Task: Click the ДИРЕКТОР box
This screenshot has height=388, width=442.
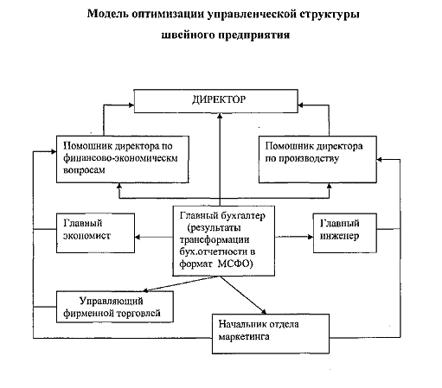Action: click(216, 101)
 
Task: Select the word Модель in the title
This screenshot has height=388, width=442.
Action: click(108, 14)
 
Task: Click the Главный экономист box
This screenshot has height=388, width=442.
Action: click(95, 233)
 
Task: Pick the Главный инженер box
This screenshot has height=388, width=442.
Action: click(345, 233)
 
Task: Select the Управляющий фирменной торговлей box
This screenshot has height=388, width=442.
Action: click(115, 307)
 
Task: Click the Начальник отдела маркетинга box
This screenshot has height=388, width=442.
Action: click(271, 334)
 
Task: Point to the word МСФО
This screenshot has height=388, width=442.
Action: click(234, 264)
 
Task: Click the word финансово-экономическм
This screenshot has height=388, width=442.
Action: click(120, 158)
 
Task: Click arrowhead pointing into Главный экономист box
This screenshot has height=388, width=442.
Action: click(138, 237)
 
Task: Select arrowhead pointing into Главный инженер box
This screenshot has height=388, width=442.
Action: click(311, 237)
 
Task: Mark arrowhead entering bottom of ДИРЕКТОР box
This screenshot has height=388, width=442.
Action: click(220, 116)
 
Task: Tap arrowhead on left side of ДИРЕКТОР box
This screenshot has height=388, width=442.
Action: click(131, 105)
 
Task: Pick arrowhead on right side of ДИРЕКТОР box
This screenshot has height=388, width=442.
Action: click(301, 105)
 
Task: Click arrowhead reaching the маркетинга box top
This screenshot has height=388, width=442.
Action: click(264, 311)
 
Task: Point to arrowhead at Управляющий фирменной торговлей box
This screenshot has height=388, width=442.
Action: click(146, 290)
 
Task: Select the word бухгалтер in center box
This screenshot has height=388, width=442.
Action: click(243, 216)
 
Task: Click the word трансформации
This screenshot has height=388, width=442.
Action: click(215, 240)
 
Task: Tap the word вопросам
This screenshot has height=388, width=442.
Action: click(84, 170)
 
